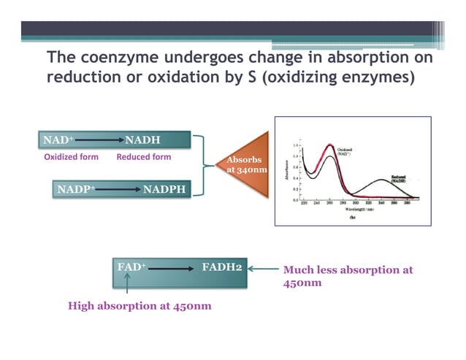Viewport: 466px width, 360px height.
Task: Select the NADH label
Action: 143,139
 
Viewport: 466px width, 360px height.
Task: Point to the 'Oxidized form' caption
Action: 72,157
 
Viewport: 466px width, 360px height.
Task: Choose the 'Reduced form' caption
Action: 144,157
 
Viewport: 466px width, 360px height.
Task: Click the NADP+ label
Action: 76,190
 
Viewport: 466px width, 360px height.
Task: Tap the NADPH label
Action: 164,190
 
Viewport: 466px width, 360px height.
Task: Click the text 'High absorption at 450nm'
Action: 140,306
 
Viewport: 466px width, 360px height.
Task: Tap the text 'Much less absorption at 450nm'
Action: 347,276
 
